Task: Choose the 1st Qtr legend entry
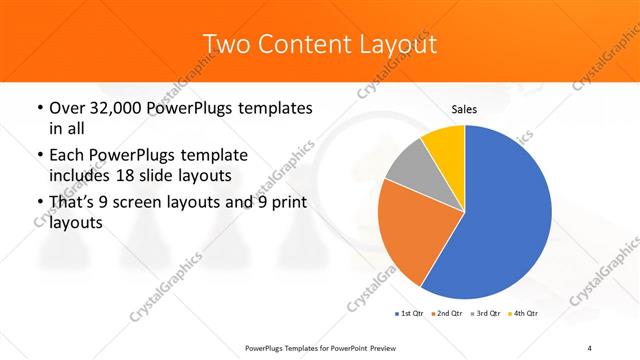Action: point(408,314)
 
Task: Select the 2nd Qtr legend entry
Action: point(445,314)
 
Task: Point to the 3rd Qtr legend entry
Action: point(484,314)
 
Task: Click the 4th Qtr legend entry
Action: point(523,314)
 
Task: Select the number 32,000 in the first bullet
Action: point(114,107)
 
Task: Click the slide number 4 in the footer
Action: point(589,347)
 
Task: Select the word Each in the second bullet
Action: point(66,156)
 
